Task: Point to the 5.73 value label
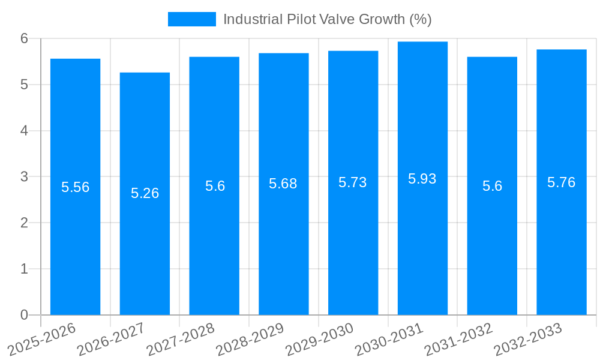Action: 353,183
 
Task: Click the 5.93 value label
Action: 422,179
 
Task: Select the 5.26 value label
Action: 145,193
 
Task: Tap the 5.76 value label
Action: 562,182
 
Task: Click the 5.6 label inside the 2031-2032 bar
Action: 492,186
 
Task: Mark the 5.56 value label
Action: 75,187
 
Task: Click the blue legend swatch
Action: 191,19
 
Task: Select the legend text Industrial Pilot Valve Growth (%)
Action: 327,19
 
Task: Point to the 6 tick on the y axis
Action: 24,38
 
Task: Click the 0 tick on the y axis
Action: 24,315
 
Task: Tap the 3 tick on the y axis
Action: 24,177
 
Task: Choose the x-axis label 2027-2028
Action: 180,339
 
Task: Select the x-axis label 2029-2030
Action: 319,339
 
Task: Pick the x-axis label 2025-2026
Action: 41,339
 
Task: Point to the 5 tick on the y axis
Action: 24,85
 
